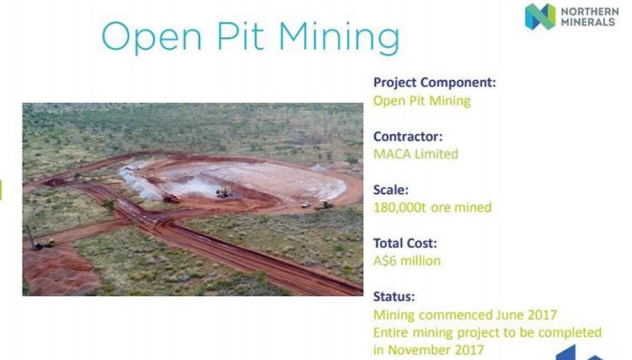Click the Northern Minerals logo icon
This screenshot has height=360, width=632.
tap(540, 17)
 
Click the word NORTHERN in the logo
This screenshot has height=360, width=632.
tap(590, 11)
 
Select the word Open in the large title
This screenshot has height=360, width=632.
tap(152, 37)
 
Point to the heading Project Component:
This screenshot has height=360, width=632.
tap(435, 83)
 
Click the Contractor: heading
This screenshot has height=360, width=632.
tap(408, 137)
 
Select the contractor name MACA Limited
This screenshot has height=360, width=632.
tap(415, 154)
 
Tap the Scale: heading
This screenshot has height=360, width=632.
tap(390, 190)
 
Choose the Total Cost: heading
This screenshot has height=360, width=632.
tap(404, 243)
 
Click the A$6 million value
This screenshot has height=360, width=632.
tap(407, 261)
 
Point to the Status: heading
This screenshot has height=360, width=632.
tap(394, 296)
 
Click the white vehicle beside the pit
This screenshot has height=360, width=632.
tap(306, 205)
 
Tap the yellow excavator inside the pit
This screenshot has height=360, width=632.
tap(223, 193)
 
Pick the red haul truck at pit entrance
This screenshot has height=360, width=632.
tap(171, 199)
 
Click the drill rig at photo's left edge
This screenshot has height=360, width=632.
tap(38, 240)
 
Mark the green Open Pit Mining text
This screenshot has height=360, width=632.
tap(421, 101)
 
